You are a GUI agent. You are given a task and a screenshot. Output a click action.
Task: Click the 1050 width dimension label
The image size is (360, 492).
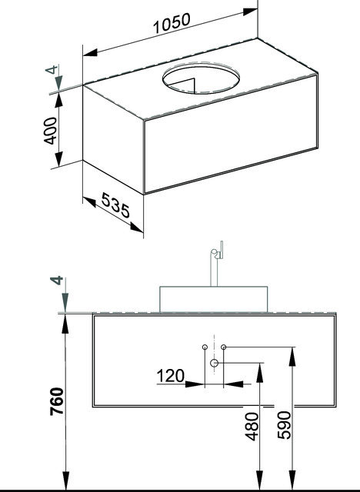tap(172, 23)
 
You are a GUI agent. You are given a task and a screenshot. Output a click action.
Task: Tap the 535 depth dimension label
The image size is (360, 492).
tap(115, 205)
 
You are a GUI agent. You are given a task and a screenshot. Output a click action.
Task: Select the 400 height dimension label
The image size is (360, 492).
tap(50, 131)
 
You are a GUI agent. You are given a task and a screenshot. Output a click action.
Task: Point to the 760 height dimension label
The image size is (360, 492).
tap(57, 401)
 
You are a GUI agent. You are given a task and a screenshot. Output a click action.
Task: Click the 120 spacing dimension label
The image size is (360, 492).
tap(171, 376)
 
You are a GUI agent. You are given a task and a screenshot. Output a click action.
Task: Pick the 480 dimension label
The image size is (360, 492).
tap(252, 427)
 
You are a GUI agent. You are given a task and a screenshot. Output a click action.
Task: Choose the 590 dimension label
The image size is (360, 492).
tap(285, 425)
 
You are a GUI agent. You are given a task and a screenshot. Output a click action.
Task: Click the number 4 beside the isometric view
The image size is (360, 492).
tap(52, 69)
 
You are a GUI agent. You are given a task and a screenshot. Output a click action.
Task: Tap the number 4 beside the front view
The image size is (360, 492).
tap(57, 280)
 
